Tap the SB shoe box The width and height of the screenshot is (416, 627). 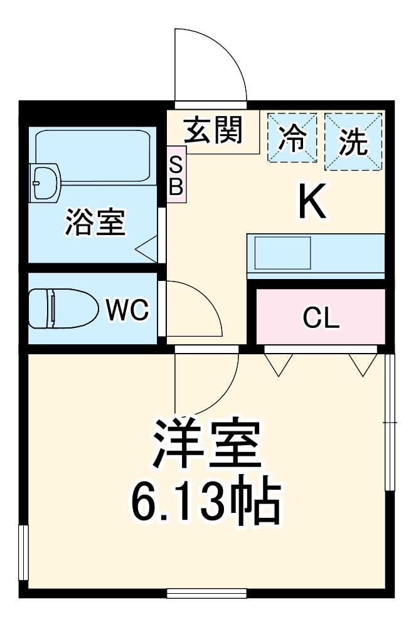[176, 175]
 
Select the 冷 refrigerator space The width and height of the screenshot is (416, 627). [291, 138]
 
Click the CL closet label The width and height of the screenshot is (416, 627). [321, 319]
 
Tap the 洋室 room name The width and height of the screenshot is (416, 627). [205, 442]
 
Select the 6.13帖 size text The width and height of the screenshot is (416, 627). [205, 502]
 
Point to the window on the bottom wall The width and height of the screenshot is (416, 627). [206, 593]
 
